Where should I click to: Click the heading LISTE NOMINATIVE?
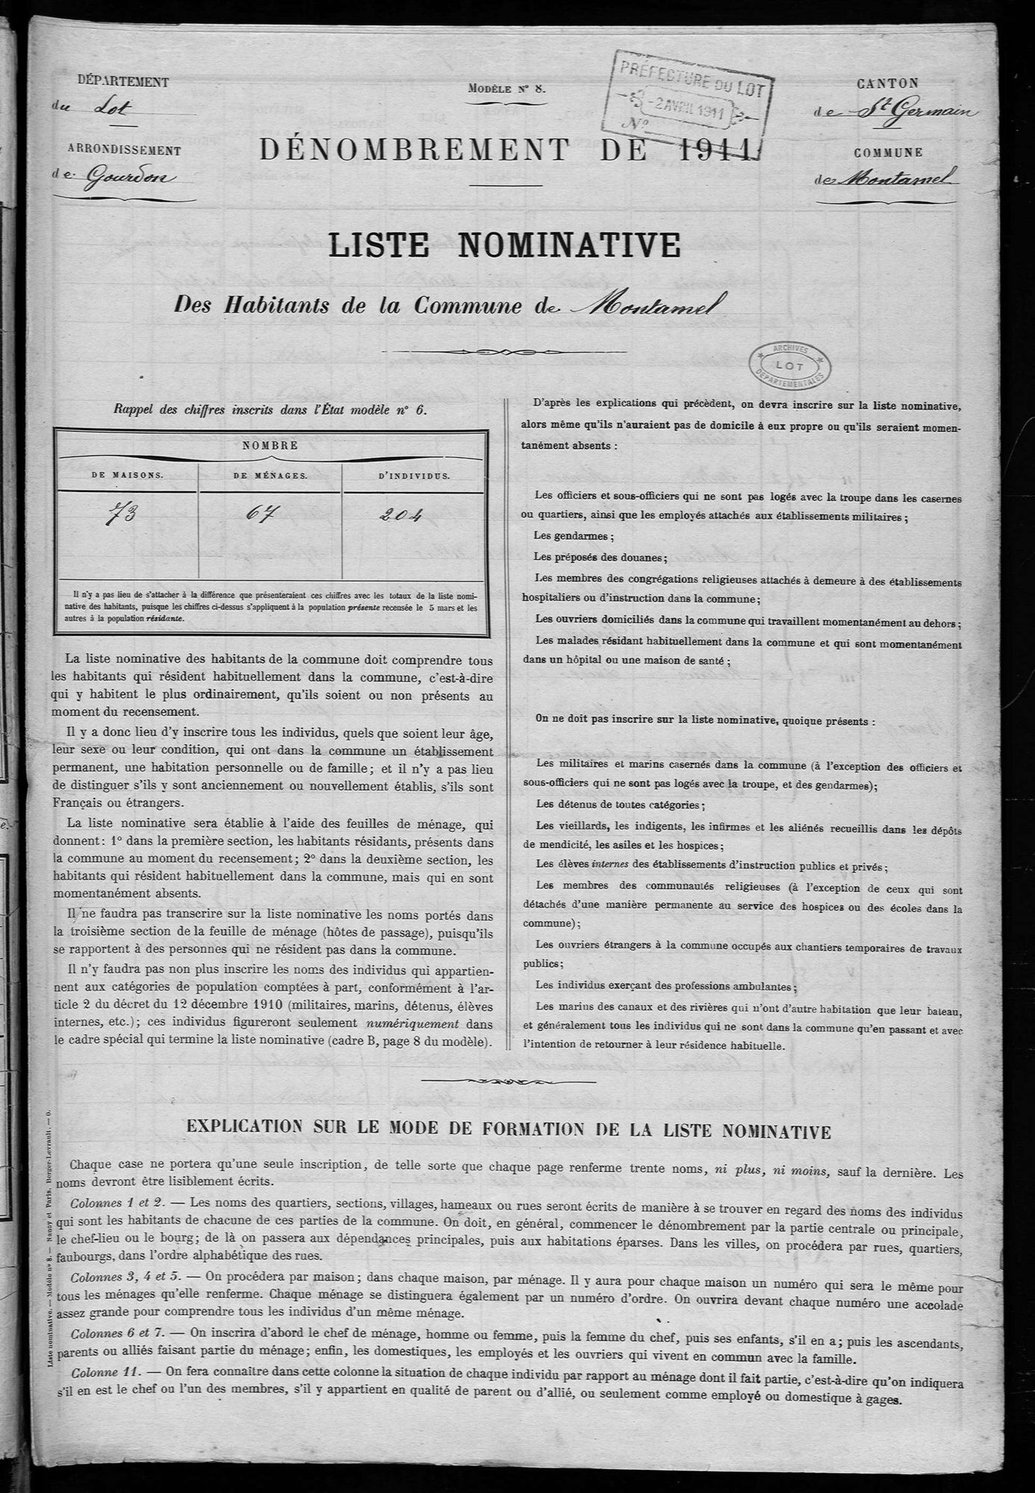(x=504, y=246)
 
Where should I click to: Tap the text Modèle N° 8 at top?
(x=508, y=88)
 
